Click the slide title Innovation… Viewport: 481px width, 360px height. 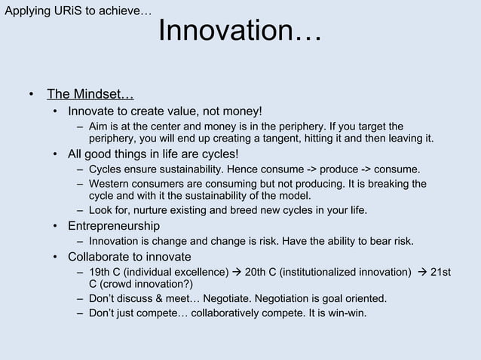click(x=240, y=32)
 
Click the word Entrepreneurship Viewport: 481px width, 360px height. click(x=114, y=226)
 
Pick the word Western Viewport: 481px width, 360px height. click(x=110, y=183)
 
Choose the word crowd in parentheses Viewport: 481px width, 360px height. click(x=121, y=284)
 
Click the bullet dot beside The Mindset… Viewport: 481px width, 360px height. click(x=32, y=96)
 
